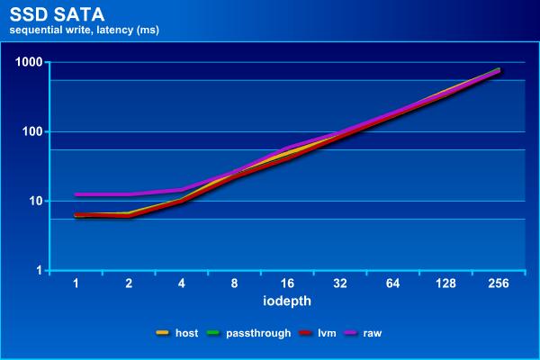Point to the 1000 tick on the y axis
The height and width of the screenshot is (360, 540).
click(x=30, y=62)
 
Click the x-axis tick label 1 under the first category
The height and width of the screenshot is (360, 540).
click(x=76, y=283)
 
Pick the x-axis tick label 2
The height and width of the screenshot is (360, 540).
click(x=129, y=283)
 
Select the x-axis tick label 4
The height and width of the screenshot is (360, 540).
click(x=182, y=283)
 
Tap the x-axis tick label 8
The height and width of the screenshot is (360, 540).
click(x=234, y=283)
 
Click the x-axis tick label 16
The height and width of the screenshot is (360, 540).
click(x=287, y=283)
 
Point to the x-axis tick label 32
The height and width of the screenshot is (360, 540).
click(x=340, y=283)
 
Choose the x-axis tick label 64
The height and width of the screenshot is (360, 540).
click(x=392, y=283)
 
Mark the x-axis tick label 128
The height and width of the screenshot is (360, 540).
click(x=445, y=283)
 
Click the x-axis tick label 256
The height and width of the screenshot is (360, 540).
click(x=498, y=283)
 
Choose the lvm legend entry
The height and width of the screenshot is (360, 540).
click(x=326, y=333)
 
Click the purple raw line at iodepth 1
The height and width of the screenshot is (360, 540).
click(x=76, y=194)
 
